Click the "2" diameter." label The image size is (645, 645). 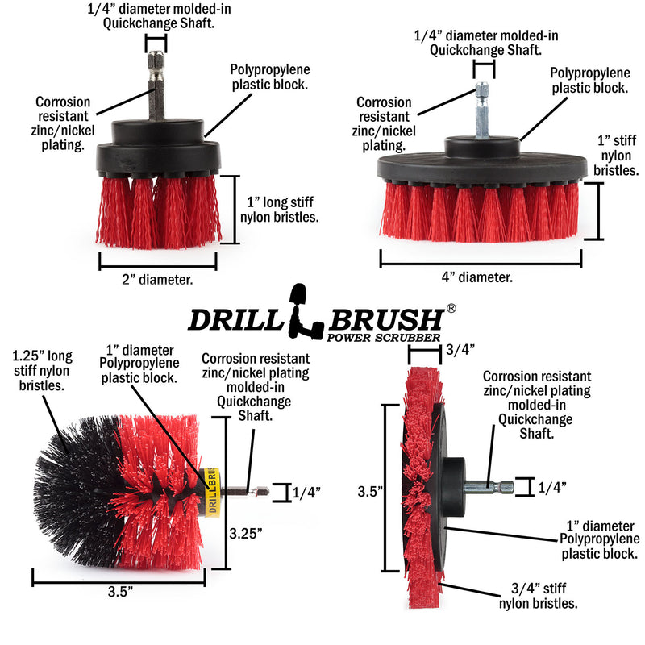pos(157,280)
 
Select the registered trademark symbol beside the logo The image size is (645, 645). pos(451,308)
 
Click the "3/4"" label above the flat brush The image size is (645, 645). pos(460,349)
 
